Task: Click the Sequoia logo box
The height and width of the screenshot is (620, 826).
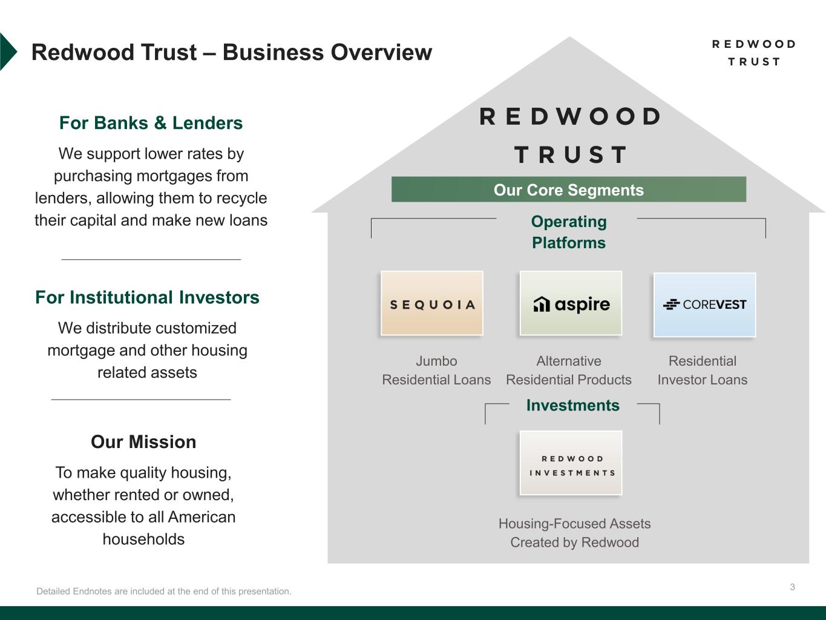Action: (431, 303)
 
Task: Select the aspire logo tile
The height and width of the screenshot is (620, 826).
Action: (571, 303)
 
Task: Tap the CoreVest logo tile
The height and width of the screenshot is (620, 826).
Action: (704, 305)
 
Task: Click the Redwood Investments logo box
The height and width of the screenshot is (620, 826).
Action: (571, 463)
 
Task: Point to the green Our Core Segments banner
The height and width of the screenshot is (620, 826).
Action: (568, 190)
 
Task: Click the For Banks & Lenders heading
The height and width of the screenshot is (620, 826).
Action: (151, 123)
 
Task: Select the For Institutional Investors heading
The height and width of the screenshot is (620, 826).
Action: (147, 297)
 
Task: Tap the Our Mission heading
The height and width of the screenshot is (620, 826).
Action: (143, 442)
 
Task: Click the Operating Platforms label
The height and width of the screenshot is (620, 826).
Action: (568, 232)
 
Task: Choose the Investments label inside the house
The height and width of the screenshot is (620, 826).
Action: (572, 406)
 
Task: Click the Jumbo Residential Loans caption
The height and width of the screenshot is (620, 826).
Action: (436, 370)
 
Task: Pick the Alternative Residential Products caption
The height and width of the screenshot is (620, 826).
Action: (568, 370)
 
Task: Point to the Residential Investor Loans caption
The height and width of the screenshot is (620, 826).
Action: (702, 370)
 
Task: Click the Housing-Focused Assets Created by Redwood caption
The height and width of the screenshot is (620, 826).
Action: (574, 533)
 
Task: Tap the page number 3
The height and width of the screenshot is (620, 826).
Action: (792, 587)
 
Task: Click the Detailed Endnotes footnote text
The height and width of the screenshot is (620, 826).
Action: (163, 591)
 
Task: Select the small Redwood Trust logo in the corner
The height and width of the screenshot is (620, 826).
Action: (753, 53)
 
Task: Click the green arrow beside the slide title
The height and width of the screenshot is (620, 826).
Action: (7, 52)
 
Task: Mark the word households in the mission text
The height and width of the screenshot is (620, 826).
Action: (143, 539)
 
